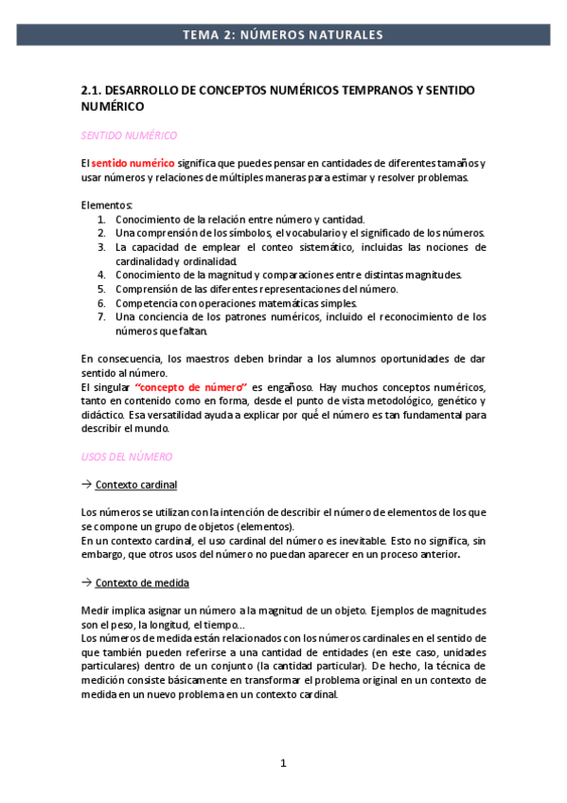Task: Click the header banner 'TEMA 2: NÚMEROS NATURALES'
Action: click(283, 35)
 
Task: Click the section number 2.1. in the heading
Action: click(92, 90)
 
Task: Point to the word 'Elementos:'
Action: click(107, 205)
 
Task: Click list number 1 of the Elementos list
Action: click(101, 220)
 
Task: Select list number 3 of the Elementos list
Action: click(101, 247)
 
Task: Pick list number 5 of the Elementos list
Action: click(101, 289)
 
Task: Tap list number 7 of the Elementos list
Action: click(101, 317)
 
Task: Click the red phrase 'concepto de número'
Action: click(192, 387)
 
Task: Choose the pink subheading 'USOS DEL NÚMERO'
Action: click(127, 456)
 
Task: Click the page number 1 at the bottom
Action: click(283, 763)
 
